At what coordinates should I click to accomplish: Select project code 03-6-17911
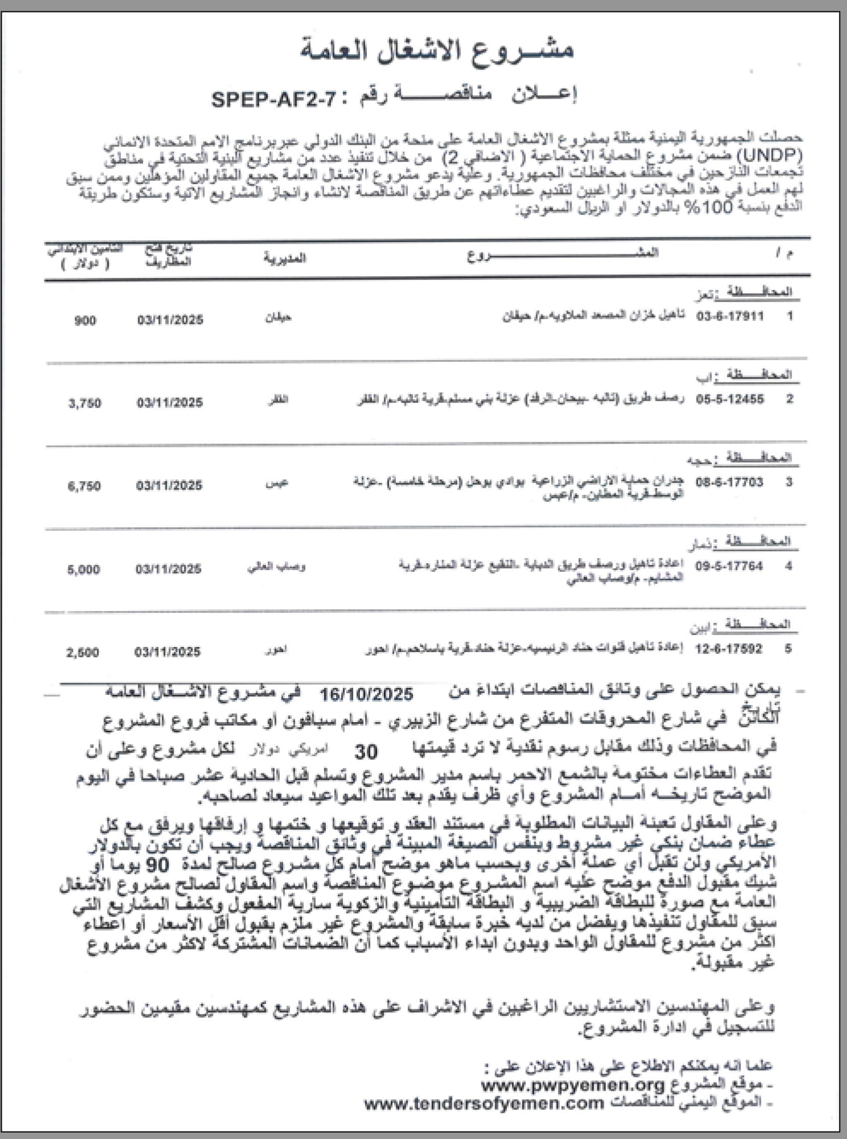(x=729, y=316)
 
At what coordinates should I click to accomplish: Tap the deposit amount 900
(x=85, y=321)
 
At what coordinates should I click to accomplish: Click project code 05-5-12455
(x=729, y=399)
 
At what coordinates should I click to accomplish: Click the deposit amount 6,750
(x=84, y=486)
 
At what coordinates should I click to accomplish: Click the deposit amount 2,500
(x=83, y=653)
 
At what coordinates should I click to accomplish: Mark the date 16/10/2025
(x=367, y=695)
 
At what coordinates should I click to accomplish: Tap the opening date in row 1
(x=170, y=320)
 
